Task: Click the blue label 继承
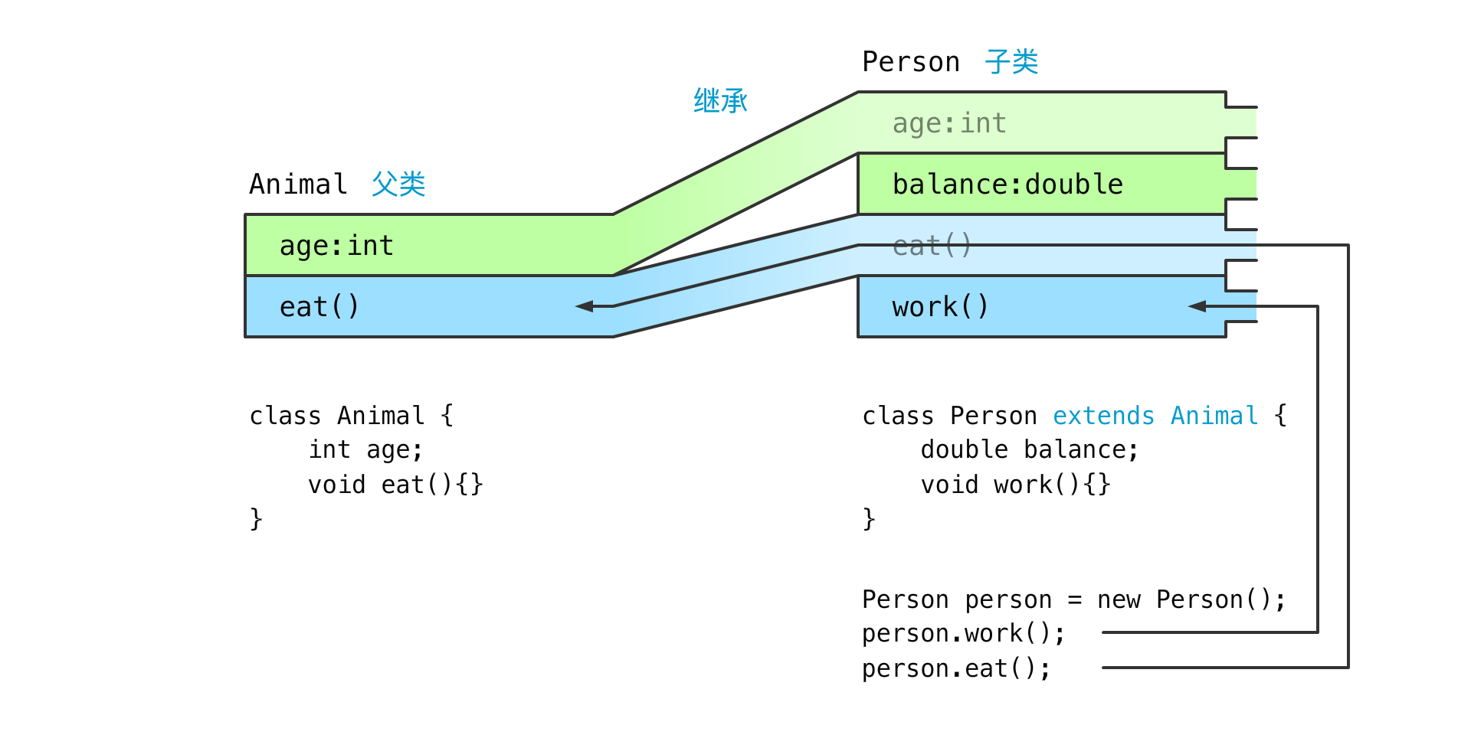coord(720,100)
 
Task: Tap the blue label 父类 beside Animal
coord(398,184)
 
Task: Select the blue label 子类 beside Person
coord(1011,61)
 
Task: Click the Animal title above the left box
coord(298,184)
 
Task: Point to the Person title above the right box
coord(911,61)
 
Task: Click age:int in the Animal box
coord(336,246)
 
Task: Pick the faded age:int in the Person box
coord(949,123)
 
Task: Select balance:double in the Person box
coord(1007,184)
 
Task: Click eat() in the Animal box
coord(319,306)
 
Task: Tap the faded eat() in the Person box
coord(932,245)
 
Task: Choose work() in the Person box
coord(940,306)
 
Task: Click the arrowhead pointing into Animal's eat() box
coord(585,306)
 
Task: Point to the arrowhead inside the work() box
coord(1197,306)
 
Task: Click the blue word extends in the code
coord(1103,416)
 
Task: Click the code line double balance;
coord(1030,449)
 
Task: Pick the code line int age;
coord(365,449)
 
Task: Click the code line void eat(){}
coord(395,485)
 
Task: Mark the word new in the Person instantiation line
coord(1119,599)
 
